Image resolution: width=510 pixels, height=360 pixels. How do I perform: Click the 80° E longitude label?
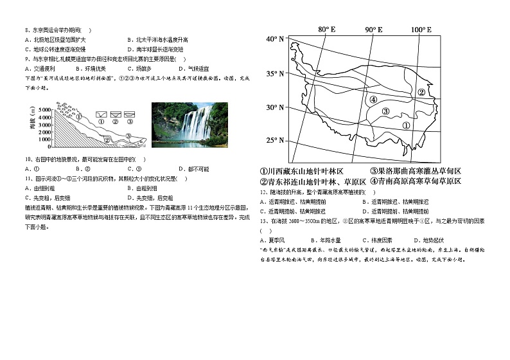[x=327, y=30]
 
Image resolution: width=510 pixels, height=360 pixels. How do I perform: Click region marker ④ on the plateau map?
[x=373, y=100]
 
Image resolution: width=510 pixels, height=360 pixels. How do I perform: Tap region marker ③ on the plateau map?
[x=385, y=111]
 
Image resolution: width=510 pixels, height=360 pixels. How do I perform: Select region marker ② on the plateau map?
[x=421, y=92]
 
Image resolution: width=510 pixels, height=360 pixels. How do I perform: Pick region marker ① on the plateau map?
[x=406, y=124]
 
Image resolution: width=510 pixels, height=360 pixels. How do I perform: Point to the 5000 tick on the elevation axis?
[x=44, y=110]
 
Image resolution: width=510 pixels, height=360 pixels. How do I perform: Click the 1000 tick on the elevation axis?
[x=44, y=138]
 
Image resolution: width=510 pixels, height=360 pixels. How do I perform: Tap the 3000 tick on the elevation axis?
[x=44, y=124]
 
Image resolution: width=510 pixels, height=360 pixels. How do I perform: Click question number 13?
[x=263, y=221]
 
